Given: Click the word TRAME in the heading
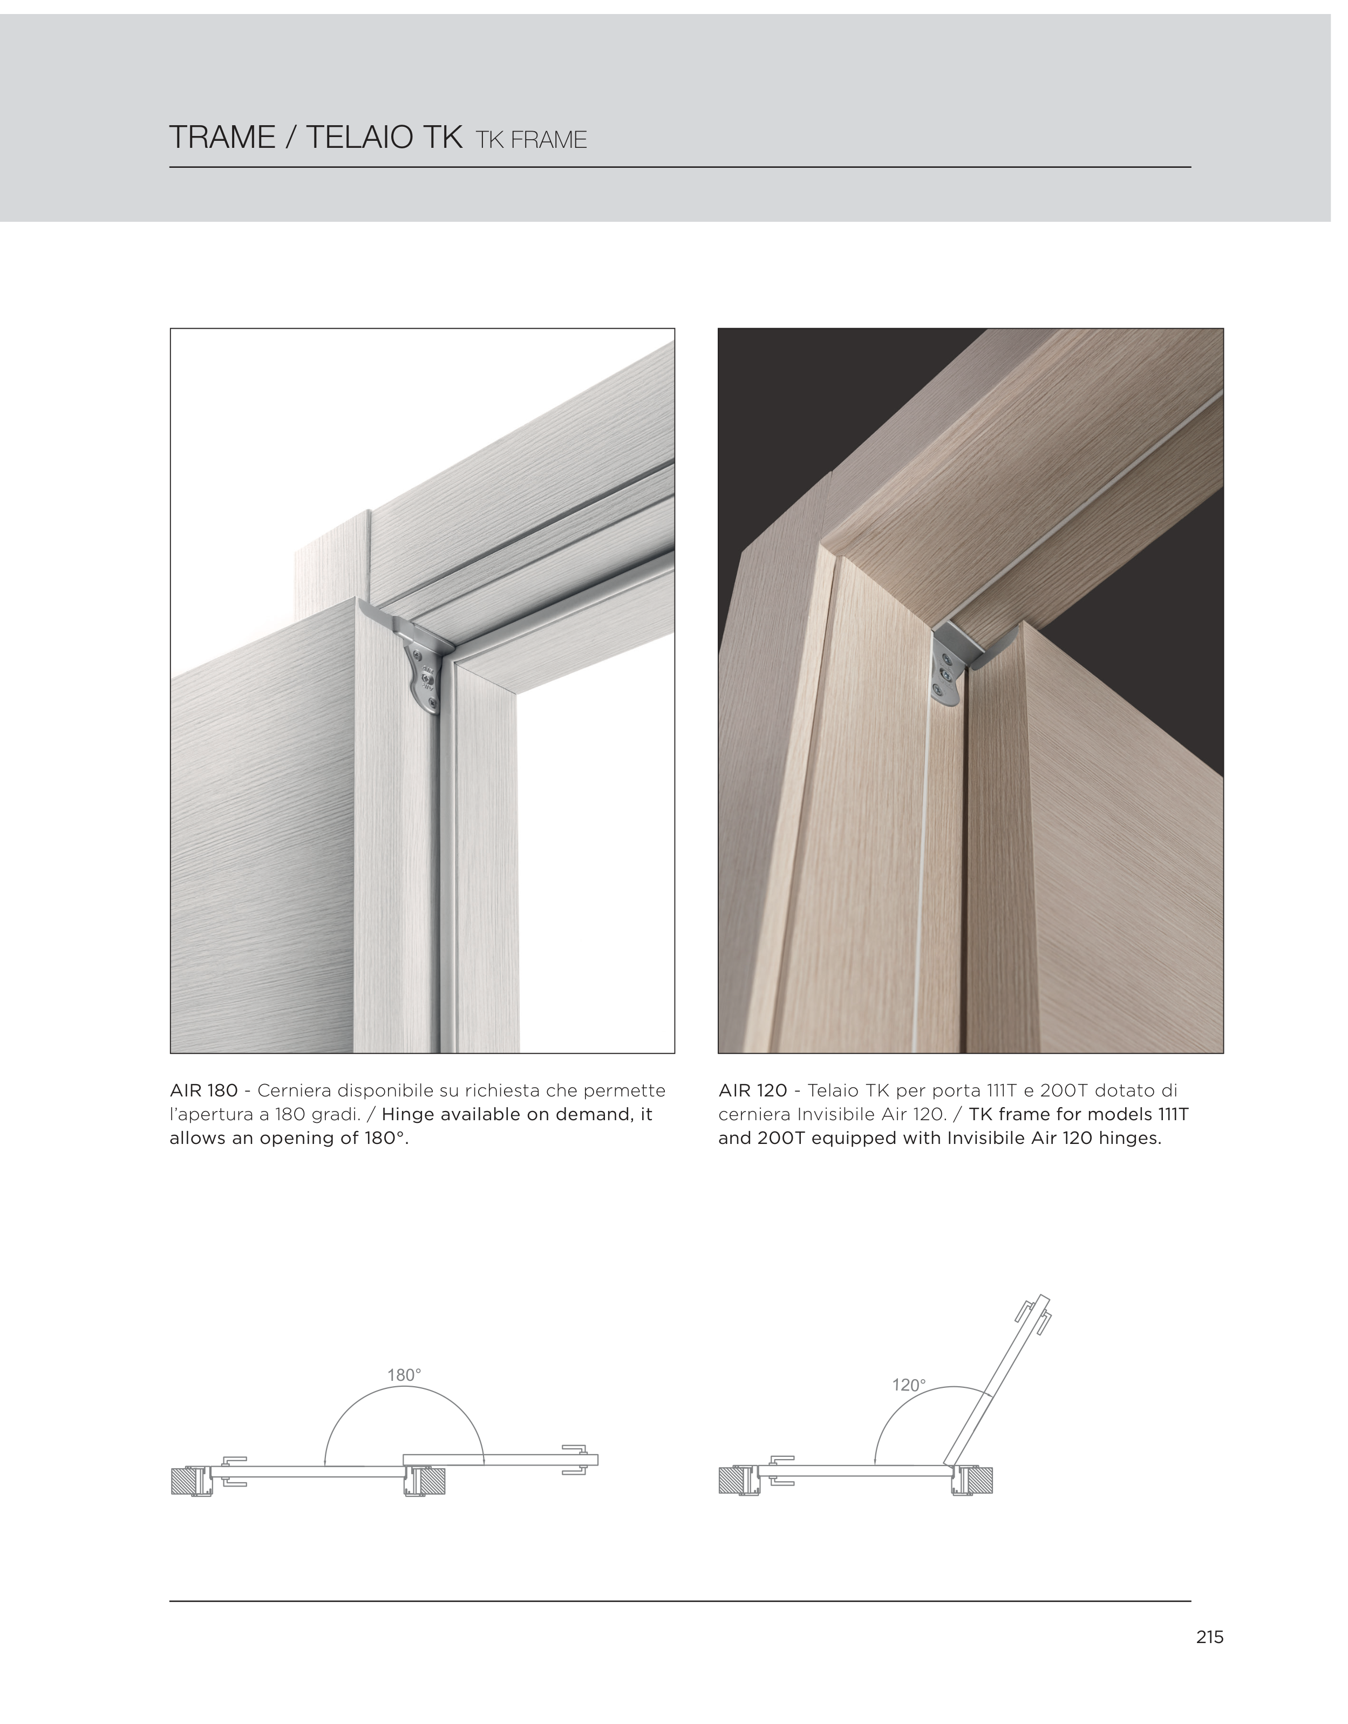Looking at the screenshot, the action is pos(222,138).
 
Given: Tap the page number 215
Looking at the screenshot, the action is pos(1209,1637).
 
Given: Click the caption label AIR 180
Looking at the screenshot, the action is pos(203,1091).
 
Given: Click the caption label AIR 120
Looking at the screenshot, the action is pos(753,1091).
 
